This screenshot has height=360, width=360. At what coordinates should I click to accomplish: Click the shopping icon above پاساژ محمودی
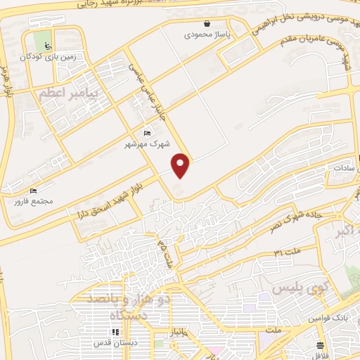pos(206,23)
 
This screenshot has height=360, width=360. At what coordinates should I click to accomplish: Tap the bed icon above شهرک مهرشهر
pos(146,134)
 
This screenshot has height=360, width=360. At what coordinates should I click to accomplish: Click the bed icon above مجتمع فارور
pos(32,191)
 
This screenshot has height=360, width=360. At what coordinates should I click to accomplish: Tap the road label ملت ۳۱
pos(285,252)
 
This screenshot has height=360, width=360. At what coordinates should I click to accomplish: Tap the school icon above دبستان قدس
pos(113,333)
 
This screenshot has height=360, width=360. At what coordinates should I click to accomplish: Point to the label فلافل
pos(321,353)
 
